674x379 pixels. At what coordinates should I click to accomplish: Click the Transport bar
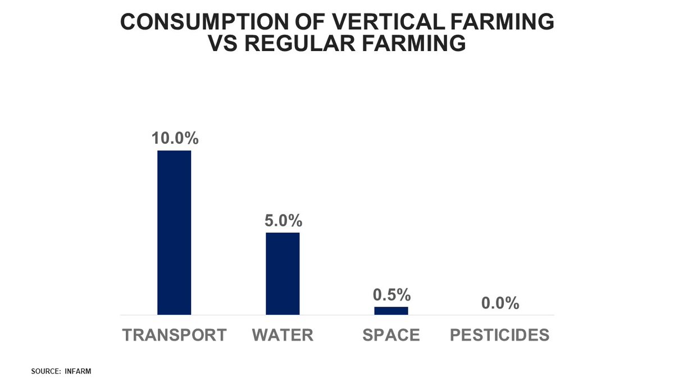tap(174, 232)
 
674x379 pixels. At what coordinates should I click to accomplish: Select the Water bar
tap(283, 273)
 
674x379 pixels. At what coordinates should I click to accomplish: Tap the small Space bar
tap(391, 310)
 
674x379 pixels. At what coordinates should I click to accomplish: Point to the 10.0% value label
tap(174, 139)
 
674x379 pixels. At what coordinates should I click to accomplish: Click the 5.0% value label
tap(283, 221)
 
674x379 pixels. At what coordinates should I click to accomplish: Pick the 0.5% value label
tap(391, 295)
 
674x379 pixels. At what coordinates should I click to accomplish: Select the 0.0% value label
tap(500, 303)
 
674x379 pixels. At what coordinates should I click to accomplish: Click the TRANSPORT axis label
tap(174, 335)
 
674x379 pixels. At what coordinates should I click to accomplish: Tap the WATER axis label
tap(283, 335)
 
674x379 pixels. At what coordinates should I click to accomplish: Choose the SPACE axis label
tap(391, 335)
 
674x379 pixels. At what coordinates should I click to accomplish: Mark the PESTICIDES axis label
tap(500, 335)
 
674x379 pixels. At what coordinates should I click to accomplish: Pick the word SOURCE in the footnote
tap(44, 371)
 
